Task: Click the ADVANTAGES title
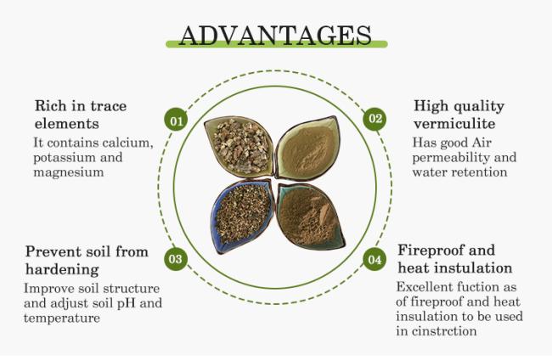tap(275, 36)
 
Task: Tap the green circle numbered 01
tap(176, 121)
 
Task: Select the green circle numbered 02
tap(375, 119)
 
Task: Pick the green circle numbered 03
tap(176, 259)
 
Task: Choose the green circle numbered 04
tap(375, 259)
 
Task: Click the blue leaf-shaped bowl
tap(242, 216)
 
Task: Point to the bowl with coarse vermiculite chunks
tap(239, 146)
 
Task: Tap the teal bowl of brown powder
tap(311, 216)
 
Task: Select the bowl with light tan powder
tap(307, 148)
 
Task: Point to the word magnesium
tap(69, 173)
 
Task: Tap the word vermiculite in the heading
tap(454, 123)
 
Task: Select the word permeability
tap(451, 158)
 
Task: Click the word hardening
tap(62, 269)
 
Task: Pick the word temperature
tap(62, 318)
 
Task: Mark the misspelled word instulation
tap(474, 268)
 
